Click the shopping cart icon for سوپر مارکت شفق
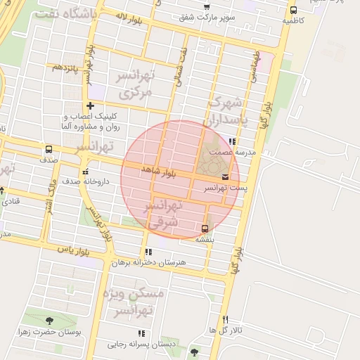[x=206, y=7]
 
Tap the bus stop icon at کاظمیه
[x=293, y=10]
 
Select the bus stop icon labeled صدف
[x=49, y=149]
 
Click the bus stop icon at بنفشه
[x=205, y=228]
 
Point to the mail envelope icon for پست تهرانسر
[x=225, y=177]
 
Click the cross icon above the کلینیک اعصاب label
[x=90, y=105]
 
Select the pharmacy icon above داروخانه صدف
[x=85, y=171]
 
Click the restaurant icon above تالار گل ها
[x=225, y=319]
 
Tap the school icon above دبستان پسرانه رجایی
[x=141, y=333]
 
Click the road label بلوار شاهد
[x=158, y=171]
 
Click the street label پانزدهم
[x=65, y=67]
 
